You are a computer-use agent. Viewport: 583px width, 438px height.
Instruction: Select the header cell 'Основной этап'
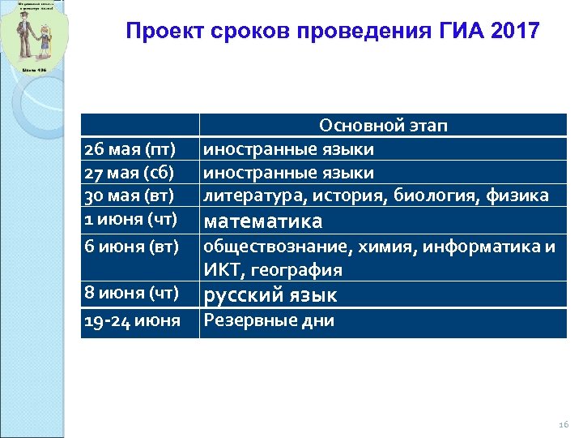(384, 126)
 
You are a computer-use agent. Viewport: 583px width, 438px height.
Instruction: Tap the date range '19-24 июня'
(132, 320)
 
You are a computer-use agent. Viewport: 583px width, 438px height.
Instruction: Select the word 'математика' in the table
(262, 221)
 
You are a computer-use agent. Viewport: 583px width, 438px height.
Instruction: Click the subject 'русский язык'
(270, 294)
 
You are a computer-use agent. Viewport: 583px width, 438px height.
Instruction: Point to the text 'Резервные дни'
(269, 320)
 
